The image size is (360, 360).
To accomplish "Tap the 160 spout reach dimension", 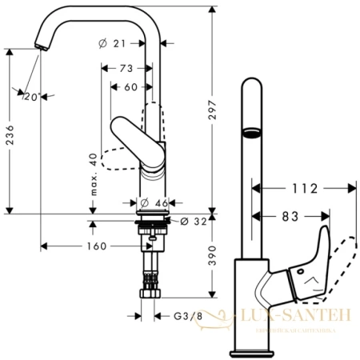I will [x=95, y=246].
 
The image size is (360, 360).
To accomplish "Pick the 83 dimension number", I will [x=290, y=216].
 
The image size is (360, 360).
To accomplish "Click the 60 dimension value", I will [x=130, y=87].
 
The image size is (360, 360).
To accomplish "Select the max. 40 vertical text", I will [x=94, y=174].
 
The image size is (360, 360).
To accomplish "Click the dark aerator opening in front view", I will [x=252, y=130].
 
